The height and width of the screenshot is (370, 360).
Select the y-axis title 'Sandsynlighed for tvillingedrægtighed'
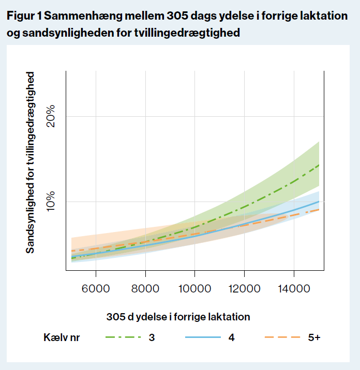(x=31, y=162)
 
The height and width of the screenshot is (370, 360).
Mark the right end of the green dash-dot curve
(x=319, y=165)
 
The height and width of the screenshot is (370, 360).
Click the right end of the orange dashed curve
(x=319, y=209)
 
